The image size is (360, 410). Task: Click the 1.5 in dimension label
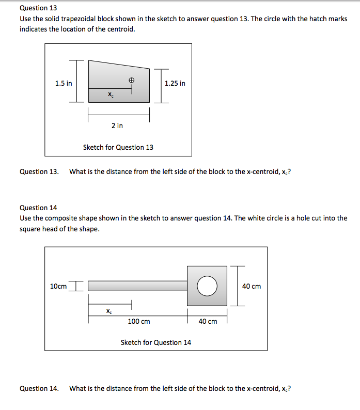[64, 83]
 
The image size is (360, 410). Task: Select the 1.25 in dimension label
[175, 83]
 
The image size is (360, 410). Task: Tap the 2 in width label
[117, 125]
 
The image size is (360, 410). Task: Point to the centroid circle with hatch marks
[132, 81]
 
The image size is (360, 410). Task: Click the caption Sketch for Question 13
[118, 147]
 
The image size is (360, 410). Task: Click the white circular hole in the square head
[207, 286]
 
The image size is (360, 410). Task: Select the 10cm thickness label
[58, 286]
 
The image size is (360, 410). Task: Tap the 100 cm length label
[138, 321]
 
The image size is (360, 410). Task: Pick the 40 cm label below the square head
[208, 321]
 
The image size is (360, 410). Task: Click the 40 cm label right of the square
[252, 286]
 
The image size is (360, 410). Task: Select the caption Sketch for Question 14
[155, 342]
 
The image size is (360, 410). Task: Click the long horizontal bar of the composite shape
[137, 286]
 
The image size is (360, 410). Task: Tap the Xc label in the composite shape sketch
[108, 311]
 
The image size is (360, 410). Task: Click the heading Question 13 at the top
[38, 8]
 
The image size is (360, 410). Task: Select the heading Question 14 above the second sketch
[38, 208]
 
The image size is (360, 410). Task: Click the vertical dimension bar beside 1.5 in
[76, 81]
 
